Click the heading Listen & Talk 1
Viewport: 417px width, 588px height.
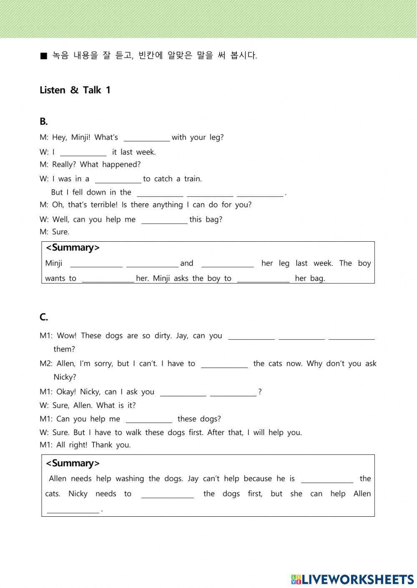pos(75,90)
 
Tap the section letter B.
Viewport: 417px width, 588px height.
pos(44,122)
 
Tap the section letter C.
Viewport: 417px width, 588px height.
pos(44,317)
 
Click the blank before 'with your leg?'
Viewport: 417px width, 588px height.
pos(147,138)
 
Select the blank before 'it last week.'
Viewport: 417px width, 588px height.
pos(83,153)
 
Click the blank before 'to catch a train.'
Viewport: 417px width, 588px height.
pos(118,180)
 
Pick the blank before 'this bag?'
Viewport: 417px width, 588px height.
pos(164,220)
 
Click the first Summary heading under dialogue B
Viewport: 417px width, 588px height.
pos(73,248)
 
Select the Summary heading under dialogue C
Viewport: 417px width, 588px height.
pos(73,463)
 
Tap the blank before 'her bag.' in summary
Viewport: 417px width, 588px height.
pos(263,279)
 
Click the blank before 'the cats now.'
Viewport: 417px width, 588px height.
pos(224,365)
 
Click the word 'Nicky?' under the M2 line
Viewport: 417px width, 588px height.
pos(65,377)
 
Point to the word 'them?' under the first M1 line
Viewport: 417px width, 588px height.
pos(64,349)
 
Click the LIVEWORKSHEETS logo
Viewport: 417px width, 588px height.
pos(352,579)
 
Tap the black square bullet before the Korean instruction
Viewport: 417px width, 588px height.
pos(44,56)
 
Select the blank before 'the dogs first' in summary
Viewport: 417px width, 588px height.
pos(168,495)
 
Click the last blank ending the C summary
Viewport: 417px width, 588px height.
pos(73,510)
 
